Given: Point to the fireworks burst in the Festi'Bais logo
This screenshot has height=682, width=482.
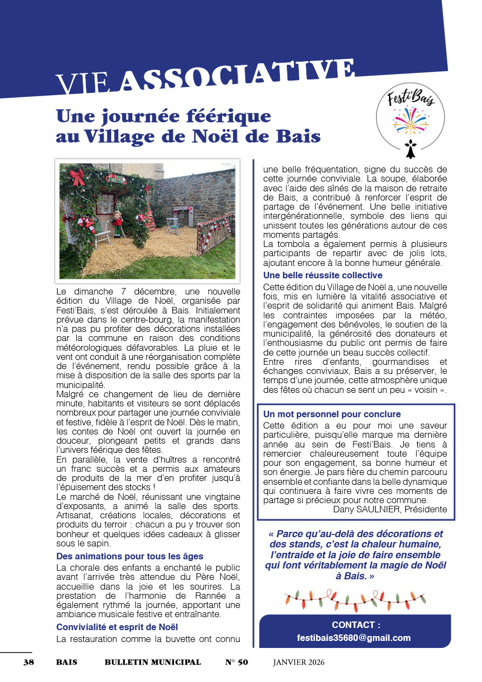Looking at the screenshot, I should tap(410, 120).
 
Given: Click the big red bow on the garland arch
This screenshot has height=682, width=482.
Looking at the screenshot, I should tap(77, 176).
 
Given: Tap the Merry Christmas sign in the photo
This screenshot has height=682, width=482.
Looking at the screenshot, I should tap(115, 179).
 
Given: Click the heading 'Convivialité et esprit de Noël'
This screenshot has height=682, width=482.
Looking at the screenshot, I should tap(117, 627).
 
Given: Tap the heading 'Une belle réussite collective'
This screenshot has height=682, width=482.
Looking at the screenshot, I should tap(316, 275).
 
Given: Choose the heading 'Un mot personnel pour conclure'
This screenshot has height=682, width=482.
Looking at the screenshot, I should tap(332, 414).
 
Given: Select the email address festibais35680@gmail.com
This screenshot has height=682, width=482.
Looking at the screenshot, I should tap(354, 638).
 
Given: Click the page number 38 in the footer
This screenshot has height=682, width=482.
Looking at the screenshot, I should tap(29, 662).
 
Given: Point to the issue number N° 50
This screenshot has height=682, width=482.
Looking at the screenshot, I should tap(237, 662).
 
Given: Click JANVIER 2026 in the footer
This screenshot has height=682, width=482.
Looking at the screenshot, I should tap(299, 662).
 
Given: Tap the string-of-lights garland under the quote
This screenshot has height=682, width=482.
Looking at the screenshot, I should tap(355, 598).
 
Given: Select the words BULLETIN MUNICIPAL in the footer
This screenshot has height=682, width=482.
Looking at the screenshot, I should tap(152, 662).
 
